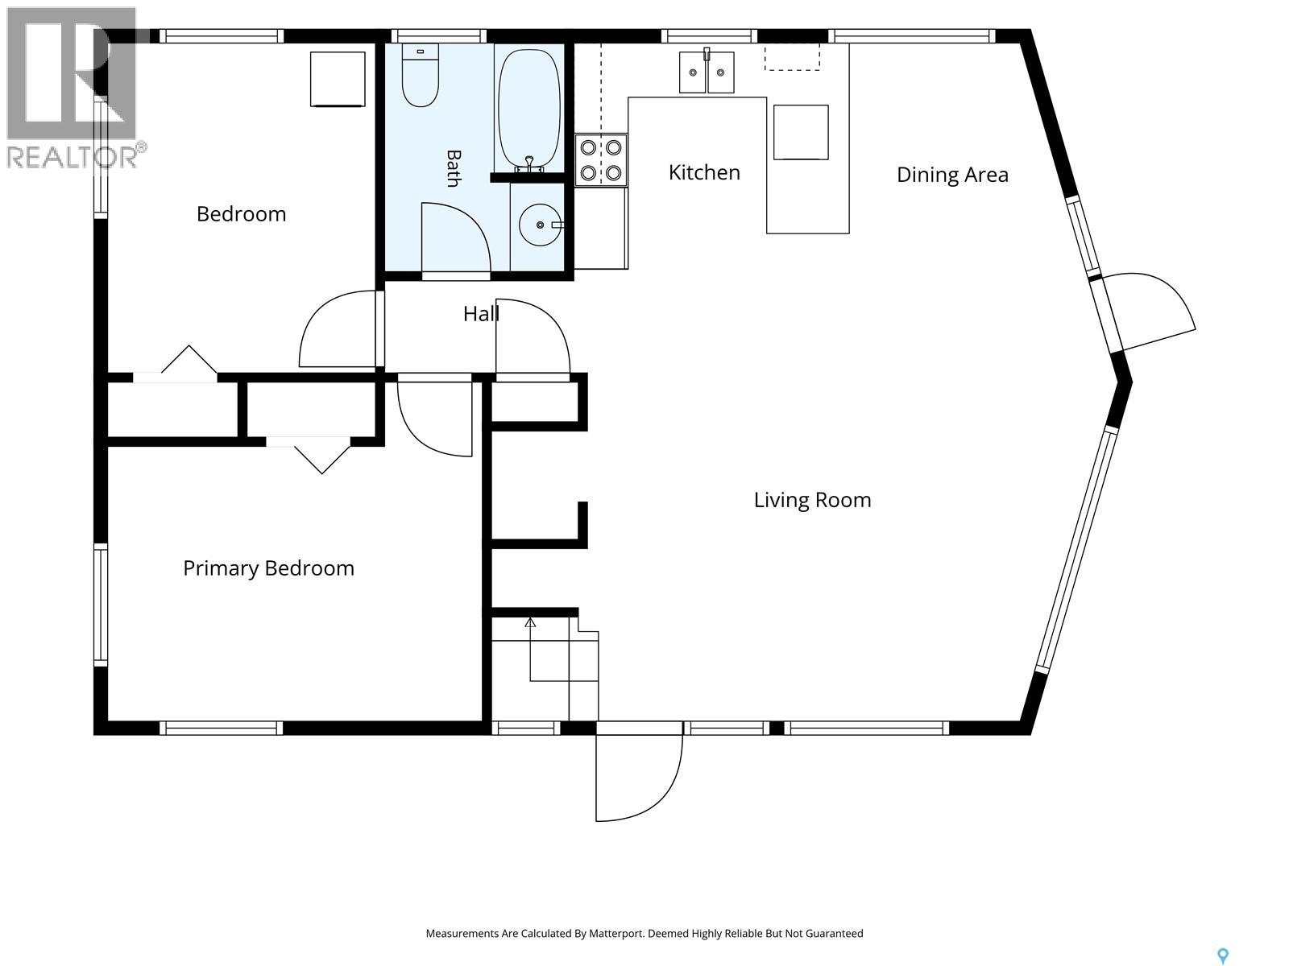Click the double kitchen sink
707,72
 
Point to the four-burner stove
601,160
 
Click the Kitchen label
704,172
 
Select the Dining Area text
952,175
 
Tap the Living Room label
812,500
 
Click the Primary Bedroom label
268,569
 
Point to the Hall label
481,314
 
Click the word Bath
454,168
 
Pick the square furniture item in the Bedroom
338,79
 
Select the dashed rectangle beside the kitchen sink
792,57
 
